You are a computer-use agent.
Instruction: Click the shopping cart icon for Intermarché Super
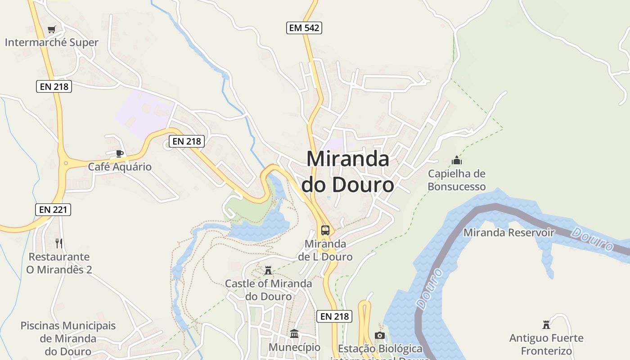point(51,30)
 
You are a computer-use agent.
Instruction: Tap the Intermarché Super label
point(51,43)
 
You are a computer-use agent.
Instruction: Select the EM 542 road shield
point(304,28)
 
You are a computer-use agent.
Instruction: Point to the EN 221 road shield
point(53,209)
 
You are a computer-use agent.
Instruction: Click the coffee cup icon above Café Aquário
point(119,154)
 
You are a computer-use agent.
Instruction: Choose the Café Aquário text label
point(120,167)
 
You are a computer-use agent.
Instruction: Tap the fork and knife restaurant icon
point(58,243)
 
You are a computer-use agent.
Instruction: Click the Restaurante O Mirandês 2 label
point(59,263)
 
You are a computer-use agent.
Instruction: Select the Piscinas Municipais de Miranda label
point(68,338)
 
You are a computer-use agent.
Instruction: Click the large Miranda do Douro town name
point(347,171)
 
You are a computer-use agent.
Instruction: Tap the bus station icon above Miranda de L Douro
point(325,230)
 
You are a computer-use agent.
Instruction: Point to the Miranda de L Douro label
point(325,250)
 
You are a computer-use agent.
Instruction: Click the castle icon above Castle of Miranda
point(268,270)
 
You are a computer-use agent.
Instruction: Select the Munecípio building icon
point(294,334)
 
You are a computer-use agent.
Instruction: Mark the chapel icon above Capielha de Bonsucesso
point(457,160)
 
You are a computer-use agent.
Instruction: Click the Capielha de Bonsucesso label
point(457,180)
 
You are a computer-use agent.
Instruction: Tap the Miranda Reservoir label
point(509,233)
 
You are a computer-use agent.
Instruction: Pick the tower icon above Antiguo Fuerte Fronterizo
point(546,324)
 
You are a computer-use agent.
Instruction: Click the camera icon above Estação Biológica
point(380,336)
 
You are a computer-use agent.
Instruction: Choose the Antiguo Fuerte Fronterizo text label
point(546,344)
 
